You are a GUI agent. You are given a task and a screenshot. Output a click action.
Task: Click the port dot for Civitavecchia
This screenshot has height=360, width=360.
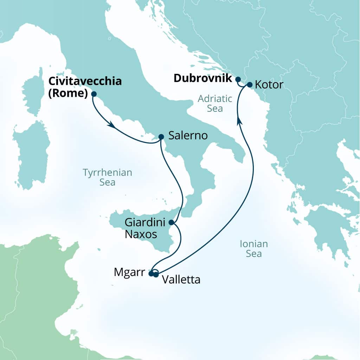click(94, 94)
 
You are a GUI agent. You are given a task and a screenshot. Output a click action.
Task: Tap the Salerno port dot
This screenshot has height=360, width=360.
click(161, 137)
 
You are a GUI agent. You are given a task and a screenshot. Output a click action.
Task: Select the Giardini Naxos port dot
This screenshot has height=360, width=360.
click(171, 222)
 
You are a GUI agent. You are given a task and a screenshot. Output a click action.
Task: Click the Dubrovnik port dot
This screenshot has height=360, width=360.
click(238, 79)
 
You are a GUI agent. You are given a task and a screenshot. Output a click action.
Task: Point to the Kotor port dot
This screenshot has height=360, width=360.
click(249, 85)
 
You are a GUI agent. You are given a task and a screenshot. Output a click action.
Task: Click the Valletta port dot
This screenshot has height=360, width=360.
click(156, 275)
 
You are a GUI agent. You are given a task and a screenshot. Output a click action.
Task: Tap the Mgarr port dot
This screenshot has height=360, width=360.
click(151, 274)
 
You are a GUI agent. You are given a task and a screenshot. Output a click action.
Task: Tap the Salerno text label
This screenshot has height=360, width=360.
click(188, 136)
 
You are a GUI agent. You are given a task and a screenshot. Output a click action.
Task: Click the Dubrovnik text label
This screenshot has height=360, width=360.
click(203, 78)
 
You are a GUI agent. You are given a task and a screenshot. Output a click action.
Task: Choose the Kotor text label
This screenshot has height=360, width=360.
click(269, 85)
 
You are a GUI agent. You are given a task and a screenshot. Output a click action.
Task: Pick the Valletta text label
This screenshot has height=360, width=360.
click(181, 280)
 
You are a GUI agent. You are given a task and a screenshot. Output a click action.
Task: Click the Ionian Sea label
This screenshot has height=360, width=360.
click(253, 249)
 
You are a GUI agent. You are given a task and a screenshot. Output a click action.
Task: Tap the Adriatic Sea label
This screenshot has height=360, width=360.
click(215, 103)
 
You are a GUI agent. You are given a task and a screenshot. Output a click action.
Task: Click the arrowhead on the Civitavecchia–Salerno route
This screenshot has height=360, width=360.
click(112, 125)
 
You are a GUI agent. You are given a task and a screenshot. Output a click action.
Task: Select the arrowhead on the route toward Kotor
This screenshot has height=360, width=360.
click(239, 121)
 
